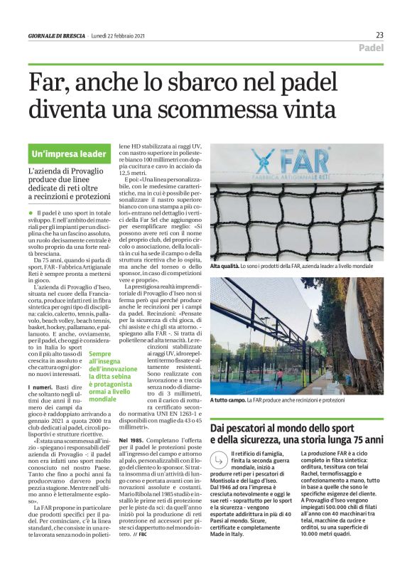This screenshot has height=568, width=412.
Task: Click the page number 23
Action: pyautogui.click(x=379, y=35)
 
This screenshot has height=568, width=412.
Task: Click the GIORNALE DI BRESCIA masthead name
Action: pyautogui.click(x=56, y=36)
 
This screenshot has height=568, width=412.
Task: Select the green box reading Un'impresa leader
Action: pyautogui.click(x=69, y=154)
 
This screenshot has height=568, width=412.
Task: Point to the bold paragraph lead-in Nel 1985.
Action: pyautogui.click(x=132, y=441)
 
